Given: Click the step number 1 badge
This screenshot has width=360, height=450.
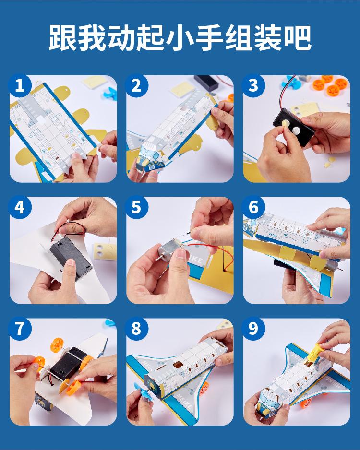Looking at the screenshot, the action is coord(20,85).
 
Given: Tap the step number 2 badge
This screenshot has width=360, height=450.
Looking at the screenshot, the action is coord(136,85).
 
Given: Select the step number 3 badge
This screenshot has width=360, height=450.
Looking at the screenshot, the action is coord(253,85).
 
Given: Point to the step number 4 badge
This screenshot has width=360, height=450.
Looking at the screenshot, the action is coord(20,207).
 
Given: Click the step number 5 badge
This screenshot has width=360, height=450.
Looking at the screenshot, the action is coord(136,207).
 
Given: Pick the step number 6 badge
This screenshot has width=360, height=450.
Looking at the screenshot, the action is coord(253,207).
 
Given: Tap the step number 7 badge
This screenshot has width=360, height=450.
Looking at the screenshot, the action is coord(20,328).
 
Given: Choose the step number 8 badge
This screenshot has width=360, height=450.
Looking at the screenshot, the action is coord(136,328).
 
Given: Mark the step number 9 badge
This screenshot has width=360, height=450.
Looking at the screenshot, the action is coord(253,328).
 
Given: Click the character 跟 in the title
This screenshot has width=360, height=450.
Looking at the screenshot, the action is coord(62,38).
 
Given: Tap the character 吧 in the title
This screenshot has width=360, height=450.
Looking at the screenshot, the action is coord(298,38).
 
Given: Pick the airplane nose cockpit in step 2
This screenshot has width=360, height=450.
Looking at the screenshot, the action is coord(150,158).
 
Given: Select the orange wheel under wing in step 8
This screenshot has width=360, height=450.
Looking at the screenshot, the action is coord(204,388).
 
